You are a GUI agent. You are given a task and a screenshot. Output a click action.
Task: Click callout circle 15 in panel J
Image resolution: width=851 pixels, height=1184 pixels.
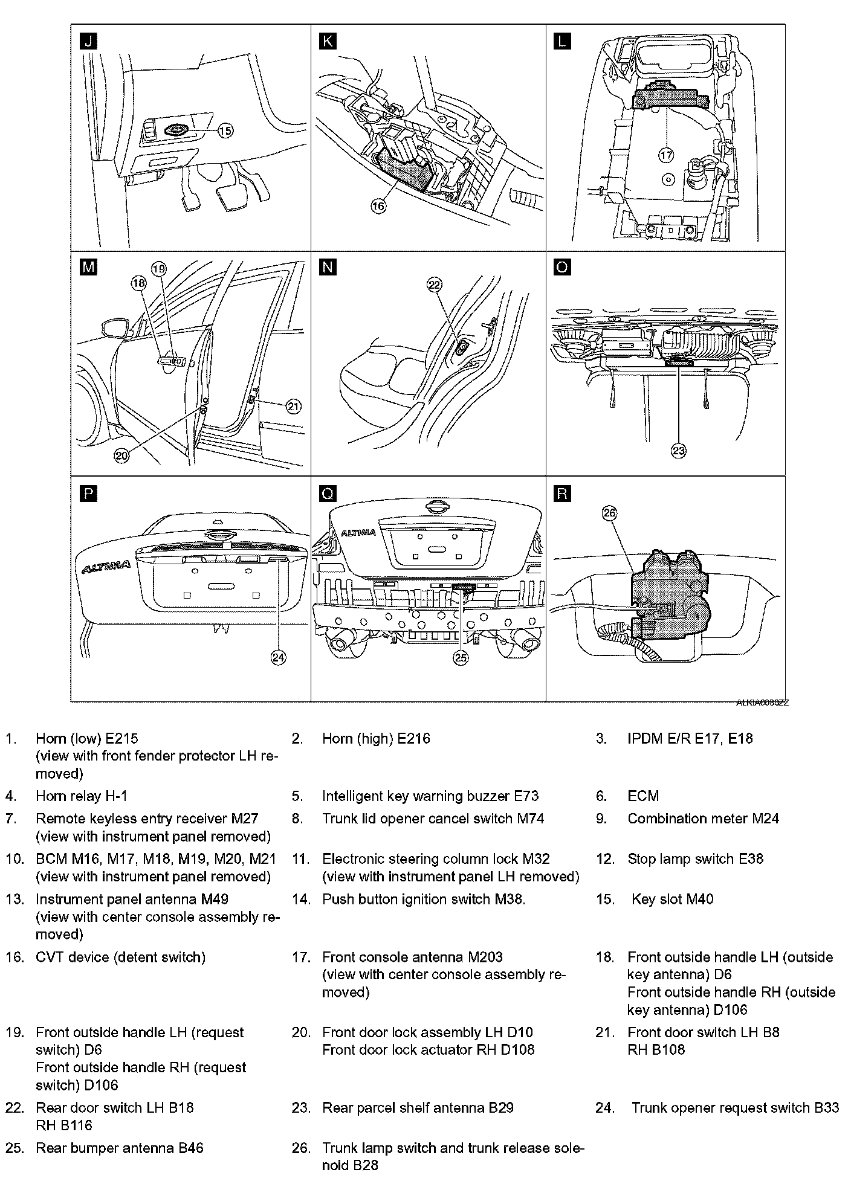pyautogui.click(x=225, y=130)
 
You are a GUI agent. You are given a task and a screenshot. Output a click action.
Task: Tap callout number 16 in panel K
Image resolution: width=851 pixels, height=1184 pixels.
pyautogui.click(x=378, y=206)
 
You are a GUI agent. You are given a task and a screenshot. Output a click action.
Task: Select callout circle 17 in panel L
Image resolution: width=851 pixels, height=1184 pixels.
pyautogui.click(x=665, y=155)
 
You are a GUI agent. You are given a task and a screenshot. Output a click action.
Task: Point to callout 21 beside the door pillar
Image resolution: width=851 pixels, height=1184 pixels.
pyautogui.click(x=293, y=407)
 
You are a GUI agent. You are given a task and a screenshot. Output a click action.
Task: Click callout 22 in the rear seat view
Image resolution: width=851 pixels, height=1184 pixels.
pyautogui.click(x=435, y=285)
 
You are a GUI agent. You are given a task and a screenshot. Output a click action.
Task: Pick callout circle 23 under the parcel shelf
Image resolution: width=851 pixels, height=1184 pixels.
pyautogui.click(x=679, y=451)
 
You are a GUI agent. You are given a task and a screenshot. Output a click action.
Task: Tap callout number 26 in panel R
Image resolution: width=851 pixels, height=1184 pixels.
pyautogui.click(x=609, y=513)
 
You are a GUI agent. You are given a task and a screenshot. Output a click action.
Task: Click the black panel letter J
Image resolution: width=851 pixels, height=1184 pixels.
pyautogui.click(x=88, y=41)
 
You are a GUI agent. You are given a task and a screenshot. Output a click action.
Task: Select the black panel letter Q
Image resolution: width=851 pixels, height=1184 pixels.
pyautogui.click(x=327, y=494)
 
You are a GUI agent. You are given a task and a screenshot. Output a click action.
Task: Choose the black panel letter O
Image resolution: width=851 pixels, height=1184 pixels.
pyautogui.click(x=562, y=267)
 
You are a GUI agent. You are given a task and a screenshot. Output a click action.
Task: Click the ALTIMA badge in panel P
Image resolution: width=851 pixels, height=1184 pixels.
pyautogui.click(x=106, y=565)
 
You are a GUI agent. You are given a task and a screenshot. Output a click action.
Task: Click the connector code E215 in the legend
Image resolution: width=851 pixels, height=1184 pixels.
pyautogui.click(x=121, y=738)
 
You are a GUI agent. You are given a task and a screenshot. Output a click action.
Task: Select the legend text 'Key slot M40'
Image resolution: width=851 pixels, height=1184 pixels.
pyautogui.click(x=672, y=899)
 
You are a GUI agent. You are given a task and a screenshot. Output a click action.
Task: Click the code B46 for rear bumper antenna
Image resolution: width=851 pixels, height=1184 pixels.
pyautogui.click(x=190, y=1148)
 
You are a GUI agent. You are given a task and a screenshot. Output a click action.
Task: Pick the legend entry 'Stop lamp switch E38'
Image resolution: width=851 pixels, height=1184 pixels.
pyautogui.click(x=695, y=858)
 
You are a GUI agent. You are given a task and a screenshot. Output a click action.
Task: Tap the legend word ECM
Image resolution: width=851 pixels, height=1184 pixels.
pyautogui.click(x=643, y=796)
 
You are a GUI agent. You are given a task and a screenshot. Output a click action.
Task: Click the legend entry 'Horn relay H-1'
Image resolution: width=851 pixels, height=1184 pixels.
pyautogui.click(x=82, y=796)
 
